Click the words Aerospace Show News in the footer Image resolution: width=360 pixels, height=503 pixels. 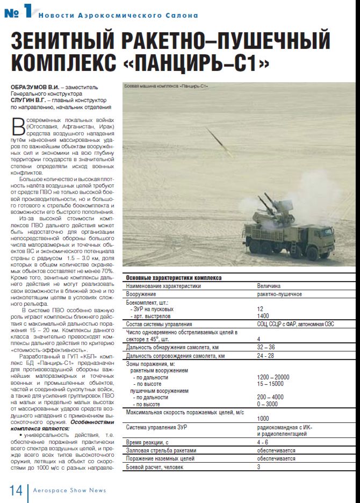pyautogui.click(x=69, y=490)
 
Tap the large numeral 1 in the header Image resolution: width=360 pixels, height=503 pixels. pyautogui.click(x=27, y=12)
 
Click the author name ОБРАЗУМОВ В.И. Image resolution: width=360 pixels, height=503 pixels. pyautogui.click(x=34, y=88)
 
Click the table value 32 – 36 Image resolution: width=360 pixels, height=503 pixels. pyautogui.click(x=266, y=347)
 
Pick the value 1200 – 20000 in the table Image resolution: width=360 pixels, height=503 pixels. pyautogui.click(x=273, y=377)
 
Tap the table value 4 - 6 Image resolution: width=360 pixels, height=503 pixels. pyautogui.click(x=263, y=442)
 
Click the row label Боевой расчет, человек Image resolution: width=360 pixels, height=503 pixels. pyautogui.click(x=154, y=467)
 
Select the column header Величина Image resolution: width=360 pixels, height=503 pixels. pyautogui.click(x=268, y=286)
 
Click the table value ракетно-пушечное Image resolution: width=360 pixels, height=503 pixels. pyautogui.click(x=279, y=294)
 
